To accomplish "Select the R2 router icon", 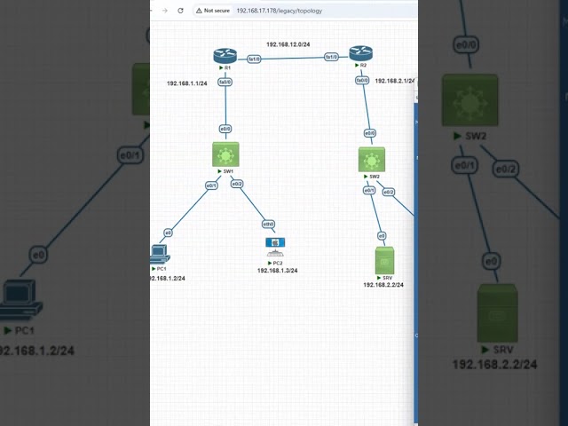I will tap(361, 53).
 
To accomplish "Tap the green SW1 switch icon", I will tap(225, 155).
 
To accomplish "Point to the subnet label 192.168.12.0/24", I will tap(288, 43).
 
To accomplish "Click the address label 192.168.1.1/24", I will tap(187, 83).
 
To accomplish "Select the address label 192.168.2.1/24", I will tap(394, 81).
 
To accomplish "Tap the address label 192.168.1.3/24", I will tap(278, 271).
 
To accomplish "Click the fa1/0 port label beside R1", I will tap(254, 59).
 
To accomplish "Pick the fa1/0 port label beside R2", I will tap(331, 57).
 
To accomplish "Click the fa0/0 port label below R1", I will tap(225, 82).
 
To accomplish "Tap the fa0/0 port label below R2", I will tap(362, 80).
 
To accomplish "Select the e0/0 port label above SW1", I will tap(225, 129).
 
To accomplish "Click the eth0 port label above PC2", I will tap(268, 225).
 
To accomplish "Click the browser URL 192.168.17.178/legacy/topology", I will tap(280, 11).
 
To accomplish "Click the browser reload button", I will tap(181, 11).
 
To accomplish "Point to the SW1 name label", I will tap(227, 170).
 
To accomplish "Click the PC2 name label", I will tap(277, 263).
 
